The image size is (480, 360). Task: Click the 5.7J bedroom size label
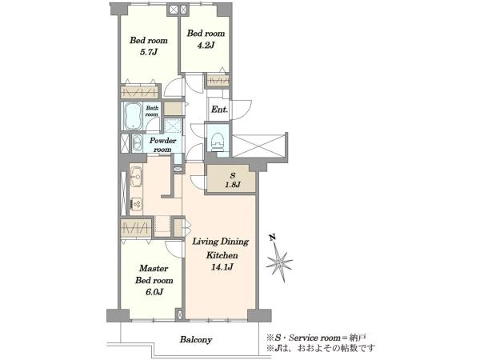(x=149, y=52)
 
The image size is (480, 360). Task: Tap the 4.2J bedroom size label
(x=206, y=46)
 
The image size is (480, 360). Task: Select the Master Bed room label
(x=154, y=274)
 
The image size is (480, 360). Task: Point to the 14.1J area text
(x=222, y=267)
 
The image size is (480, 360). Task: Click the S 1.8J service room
(x=231, y=179)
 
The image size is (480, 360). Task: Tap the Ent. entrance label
(x=219, y=110)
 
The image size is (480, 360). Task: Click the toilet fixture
(x=217, y=141)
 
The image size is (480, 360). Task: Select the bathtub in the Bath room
(x=132, y=116)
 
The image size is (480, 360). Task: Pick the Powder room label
(x=162, y=145)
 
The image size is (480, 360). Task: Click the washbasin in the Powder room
(x=137, y=143)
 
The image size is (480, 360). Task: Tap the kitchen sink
(x=136, y=177)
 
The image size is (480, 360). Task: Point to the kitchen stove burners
(x=136, y=203)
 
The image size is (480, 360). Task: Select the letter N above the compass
(x=272, y=237)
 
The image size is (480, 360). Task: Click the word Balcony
(x=196, y=340)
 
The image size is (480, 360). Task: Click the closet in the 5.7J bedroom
(x=140, y=92)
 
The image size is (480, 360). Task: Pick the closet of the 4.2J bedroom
(x=218, y=81)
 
